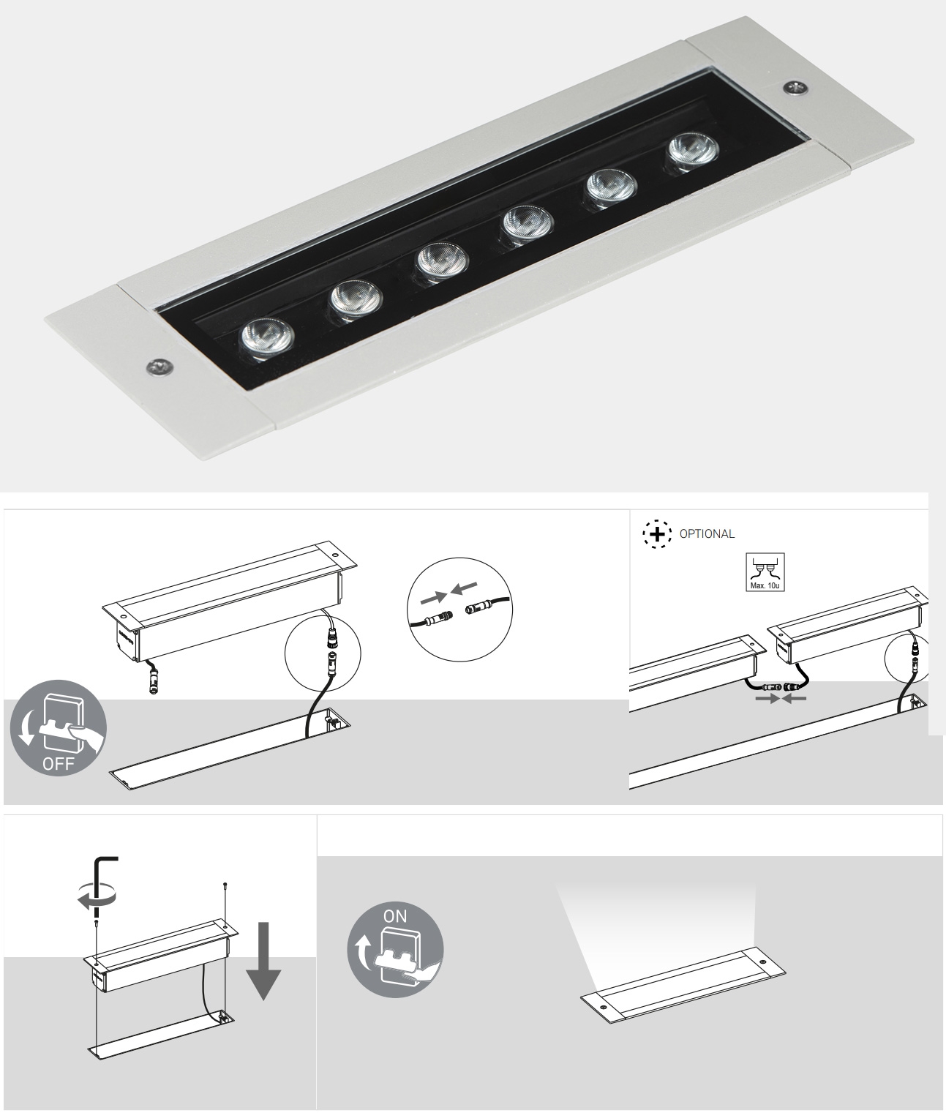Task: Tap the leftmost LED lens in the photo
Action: pos(267,340)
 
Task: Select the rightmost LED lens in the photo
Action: pos(692,152)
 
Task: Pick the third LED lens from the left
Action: pos(441,261)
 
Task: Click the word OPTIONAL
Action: pos(706,533)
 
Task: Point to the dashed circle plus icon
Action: pos(657,534)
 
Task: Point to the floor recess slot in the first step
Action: pos(227,750)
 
